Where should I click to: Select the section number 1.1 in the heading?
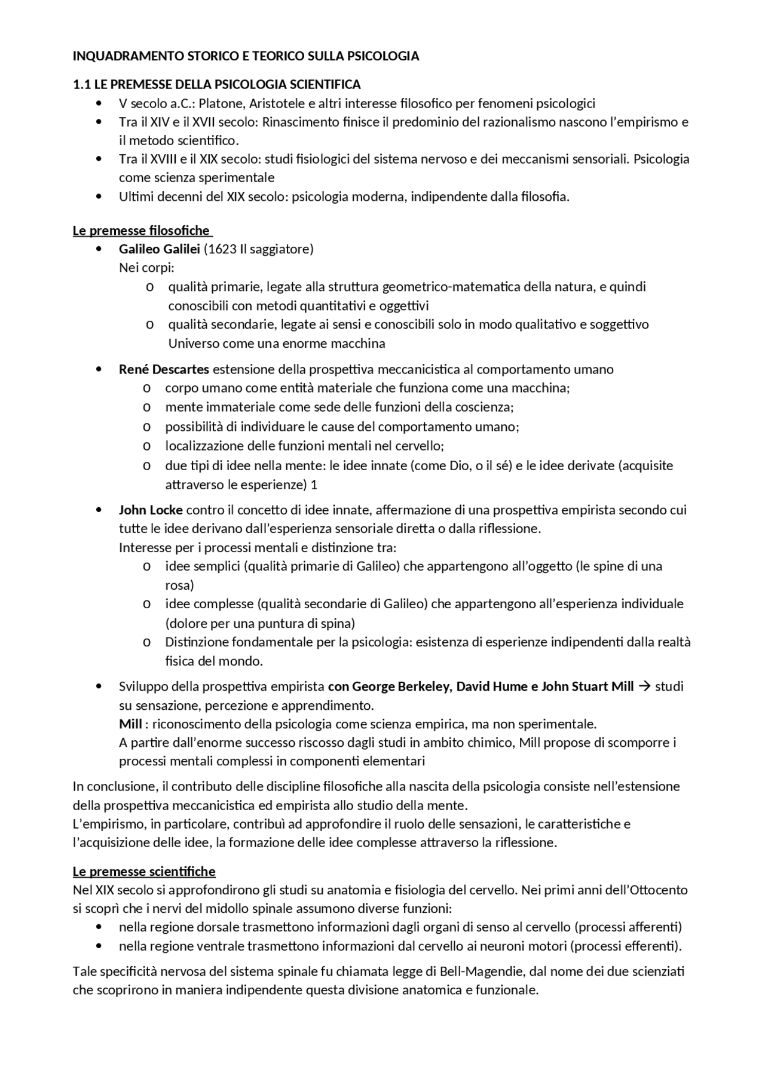[81, 84]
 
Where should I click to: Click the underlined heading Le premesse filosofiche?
[142, 231]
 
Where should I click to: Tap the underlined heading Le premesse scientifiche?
[144, 871]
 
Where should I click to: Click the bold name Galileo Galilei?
[159, 249]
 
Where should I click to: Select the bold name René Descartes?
[164, 369]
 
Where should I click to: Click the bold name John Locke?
[151, 510]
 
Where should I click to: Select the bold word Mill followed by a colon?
[130, 724]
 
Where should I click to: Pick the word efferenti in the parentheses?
[655, 946]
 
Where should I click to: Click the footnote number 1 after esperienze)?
[314, 485]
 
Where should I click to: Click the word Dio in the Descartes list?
[455, 465]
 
